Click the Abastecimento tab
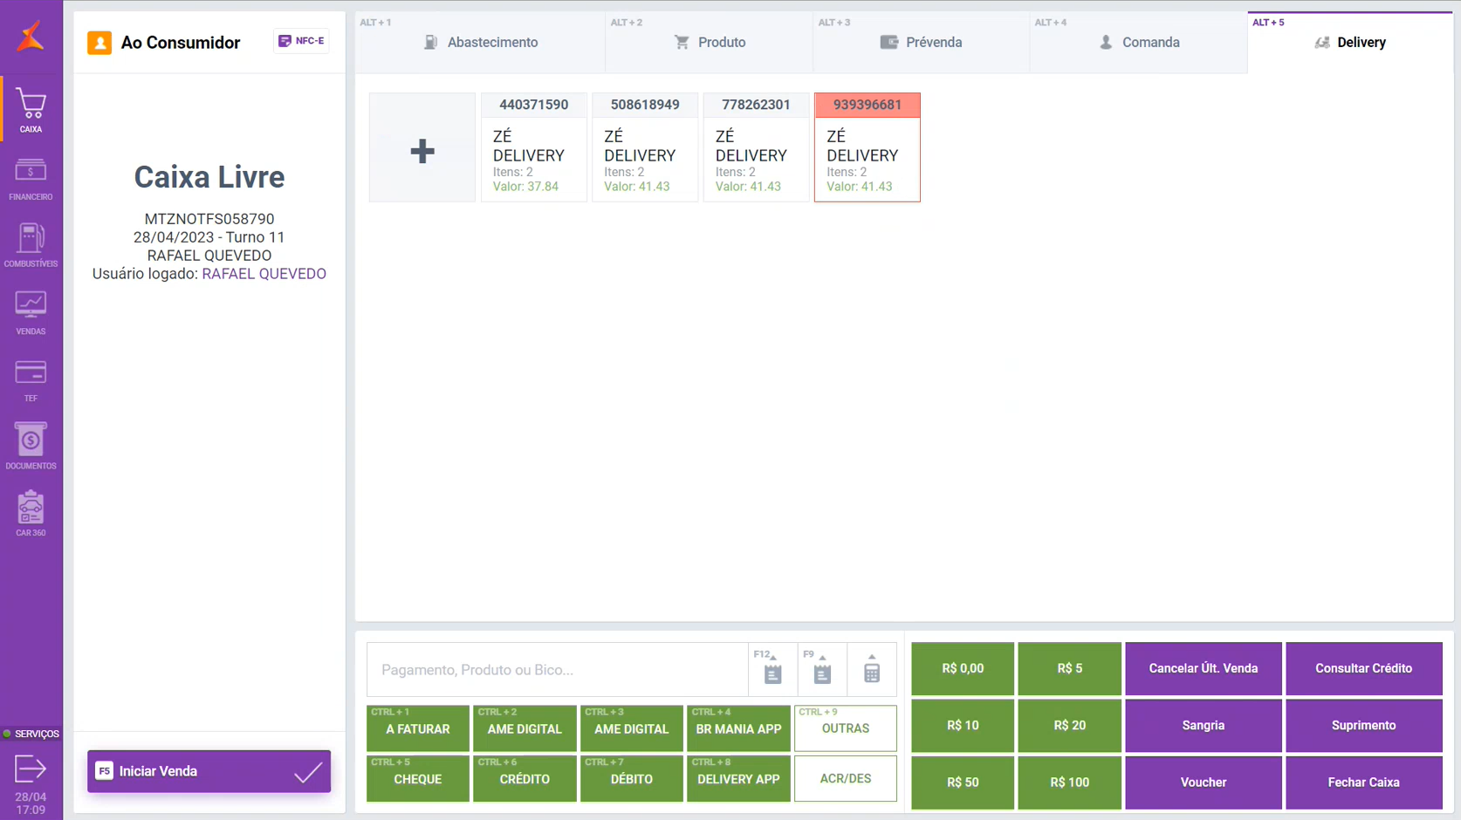pyautogui.click(x=481, y=42)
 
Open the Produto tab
pyautogui.click(x=710, y=42)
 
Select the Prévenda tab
pyautogui.click(x=922, y=42)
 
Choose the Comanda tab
pyautogui.click(x=1139, y=42)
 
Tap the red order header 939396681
pyautogui.click(x=867, y=105)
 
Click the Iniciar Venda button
pyautogui.click(x=209, y=771)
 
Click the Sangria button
pyautogui.click(x=1203, y=725)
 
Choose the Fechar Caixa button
pyautogui.click(x=1363, y=782)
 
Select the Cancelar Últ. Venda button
pyautogui.click(x=1203, y=668)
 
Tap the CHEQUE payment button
pyautogui.click(x=418, y=778)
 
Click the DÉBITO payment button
pyautogui.click(x=631, y=778)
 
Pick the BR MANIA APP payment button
pyautogui.click(x=738, y=728)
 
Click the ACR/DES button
pyautogui.click(x=845, y=778)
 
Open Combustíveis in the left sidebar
pyautogui.click(x=31, y=245)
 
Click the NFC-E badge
pyautogui.click(x=301, y=41)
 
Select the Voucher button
pyautogui.click(x=1203, y=782)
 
